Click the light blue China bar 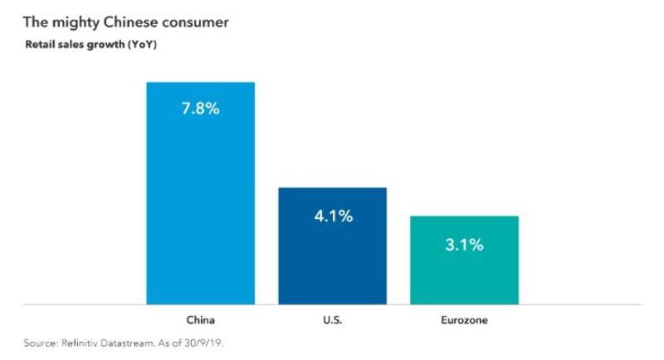click(x=200, y=207)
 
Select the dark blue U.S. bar click(x=332, y=257)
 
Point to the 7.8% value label click(x=200, y=108)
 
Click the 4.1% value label click(x=332, y=216)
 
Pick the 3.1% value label click(x=464, y=245)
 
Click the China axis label click(x=200, y=319)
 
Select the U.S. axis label click(x=332, y=319)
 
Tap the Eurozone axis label click(x=464, y=319)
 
